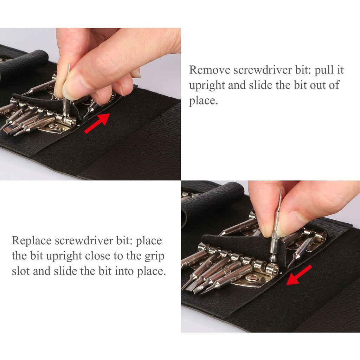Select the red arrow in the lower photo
click(x=299, y=275)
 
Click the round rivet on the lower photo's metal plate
click(x=251, y=278)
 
